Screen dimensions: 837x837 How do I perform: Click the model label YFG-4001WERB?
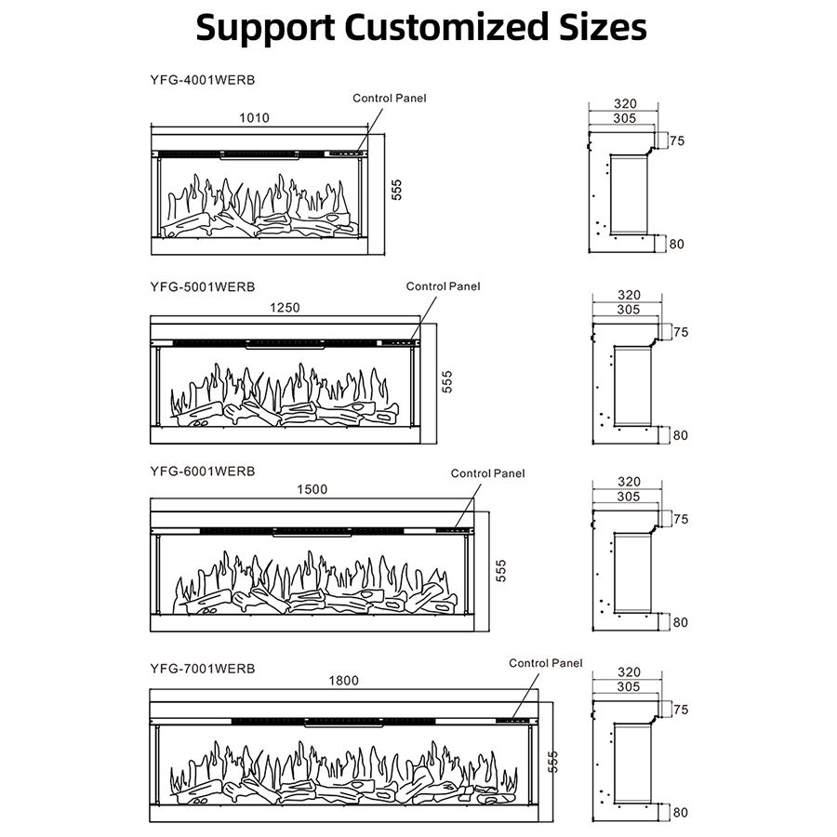tap(202, 80)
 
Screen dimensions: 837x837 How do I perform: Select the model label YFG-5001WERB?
tap(202, 286)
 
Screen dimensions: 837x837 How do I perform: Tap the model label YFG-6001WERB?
tap(202, 472)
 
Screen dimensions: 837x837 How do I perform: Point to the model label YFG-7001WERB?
tap(202, 667)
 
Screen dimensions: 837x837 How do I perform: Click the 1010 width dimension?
tap(254, 118)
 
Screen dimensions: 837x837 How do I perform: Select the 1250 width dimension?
tap(286, 308)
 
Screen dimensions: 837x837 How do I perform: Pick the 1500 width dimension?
tap(312, 490)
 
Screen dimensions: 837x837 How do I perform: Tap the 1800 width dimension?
tap(343, 681)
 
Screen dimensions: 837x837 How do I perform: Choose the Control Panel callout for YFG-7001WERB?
tap(546, 663)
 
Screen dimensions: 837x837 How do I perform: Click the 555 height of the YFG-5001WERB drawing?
tap(447, 382)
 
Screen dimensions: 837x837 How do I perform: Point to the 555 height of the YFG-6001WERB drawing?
tap(501, 570)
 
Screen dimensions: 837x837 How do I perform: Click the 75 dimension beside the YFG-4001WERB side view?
tap(677, 141)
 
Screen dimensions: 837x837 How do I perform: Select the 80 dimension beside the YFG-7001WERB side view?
tap(680, 812)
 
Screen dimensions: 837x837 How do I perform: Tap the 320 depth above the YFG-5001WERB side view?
tap(628, 296)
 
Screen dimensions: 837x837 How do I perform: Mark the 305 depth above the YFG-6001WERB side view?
tap(628, 497)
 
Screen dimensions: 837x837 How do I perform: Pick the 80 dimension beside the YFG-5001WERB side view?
tap(680, 434)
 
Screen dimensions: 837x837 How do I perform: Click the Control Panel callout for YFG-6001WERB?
tap(488, 473)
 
